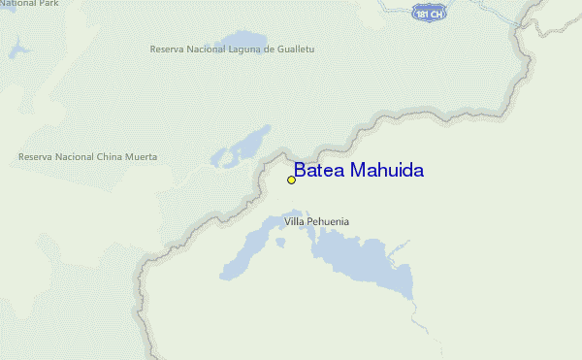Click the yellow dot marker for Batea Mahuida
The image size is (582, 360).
click(x=291, y=180)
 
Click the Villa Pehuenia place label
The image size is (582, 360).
click(x=316, y=222)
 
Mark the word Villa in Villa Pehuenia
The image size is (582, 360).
click(x=293, y=222)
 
